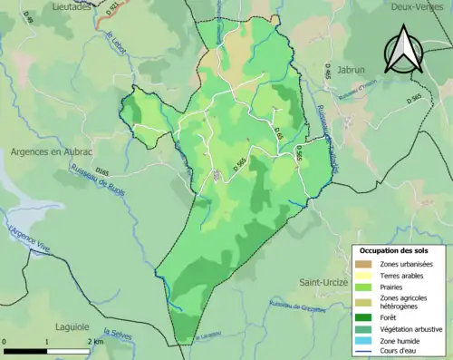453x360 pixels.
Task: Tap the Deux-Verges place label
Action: pyautogui.click(x=415, y=5)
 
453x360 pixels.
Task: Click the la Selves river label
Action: pyautogui.click(x=118, y=337)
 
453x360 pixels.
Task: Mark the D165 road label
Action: pyautogui.click(x=102, y=170)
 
